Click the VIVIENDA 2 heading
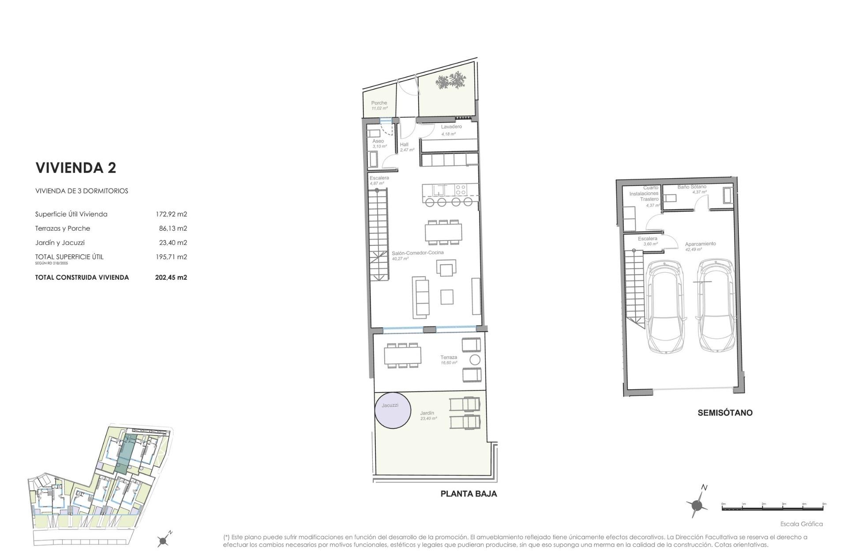coord(75,168)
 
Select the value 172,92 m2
coord(171,214)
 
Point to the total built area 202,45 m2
coord(171,277)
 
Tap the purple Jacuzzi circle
coord(393,410)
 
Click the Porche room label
coord(379,103)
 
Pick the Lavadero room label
coord(451,127)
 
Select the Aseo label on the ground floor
coord(378,141)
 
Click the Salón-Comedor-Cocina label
coord(418,253)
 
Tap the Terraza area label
coord(449,357)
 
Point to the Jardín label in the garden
coord(427,413)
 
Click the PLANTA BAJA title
coord(468,494)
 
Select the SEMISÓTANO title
coord(725,413)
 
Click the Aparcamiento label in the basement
coord(700,244)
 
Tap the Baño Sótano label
coord(692,187)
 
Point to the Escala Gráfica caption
coord(801,524)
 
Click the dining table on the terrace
coord(402,356)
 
